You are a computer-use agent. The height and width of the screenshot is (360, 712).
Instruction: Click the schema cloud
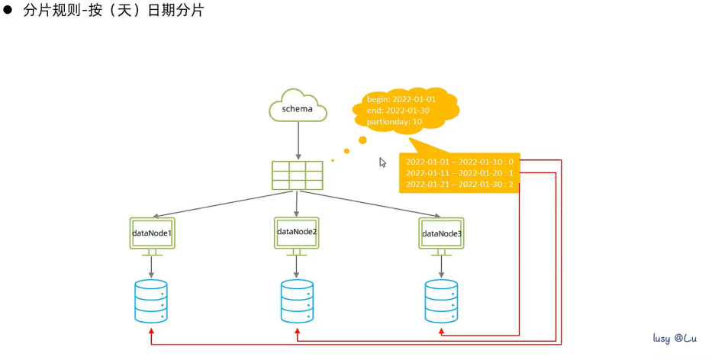(x=298, y=108)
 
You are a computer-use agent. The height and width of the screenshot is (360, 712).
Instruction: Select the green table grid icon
(x=298, y=175)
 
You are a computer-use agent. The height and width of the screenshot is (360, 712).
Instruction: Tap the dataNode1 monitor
(x=153, y=233)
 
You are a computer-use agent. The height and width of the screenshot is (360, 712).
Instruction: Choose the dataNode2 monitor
(x=296, y=232)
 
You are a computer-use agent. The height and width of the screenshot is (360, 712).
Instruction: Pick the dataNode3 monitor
(x=441, y=233)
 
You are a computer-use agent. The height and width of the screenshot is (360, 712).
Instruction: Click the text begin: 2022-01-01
(x=401, y=99)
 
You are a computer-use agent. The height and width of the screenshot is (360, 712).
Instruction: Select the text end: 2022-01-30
(x=398, y=111)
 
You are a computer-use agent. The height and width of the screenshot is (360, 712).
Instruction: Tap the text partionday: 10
(x=395, y=122)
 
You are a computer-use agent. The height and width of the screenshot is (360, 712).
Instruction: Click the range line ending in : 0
(x=459, y=162)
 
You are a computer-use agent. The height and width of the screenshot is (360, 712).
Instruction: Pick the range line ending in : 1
(x=459, y=173)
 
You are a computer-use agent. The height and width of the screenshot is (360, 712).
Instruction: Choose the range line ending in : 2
(x=459, y=185)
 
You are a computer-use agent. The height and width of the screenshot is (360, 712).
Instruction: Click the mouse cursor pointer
(x=383, y=162)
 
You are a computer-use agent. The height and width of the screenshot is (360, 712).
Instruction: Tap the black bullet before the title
(x=10, y=11)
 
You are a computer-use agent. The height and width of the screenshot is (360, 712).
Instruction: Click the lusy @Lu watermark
(x=675, y=338)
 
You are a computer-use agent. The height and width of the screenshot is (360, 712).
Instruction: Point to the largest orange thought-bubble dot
(x=362, y=140)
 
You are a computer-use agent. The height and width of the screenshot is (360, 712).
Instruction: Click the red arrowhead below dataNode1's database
(x=151, y=331)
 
